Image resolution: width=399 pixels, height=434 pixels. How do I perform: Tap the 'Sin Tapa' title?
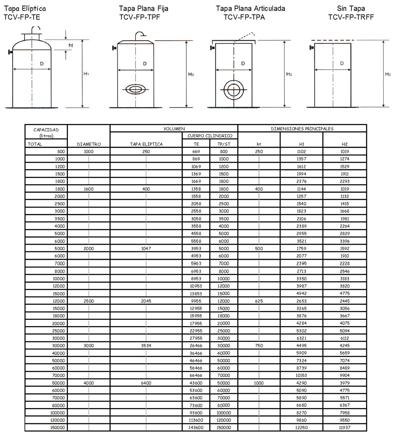(351, 8)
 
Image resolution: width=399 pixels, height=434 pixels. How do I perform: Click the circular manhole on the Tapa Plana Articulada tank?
(232, 90)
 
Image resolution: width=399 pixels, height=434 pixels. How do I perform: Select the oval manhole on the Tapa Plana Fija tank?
(135, 89)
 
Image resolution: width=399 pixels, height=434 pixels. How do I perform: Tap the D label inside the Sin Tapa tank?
(342, 64)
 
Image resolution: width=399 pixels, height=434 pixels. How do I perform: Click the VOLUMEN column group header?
(174, 128)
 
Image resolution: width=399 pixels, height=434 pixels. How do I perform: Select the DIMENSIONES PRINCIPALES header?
(302, 128)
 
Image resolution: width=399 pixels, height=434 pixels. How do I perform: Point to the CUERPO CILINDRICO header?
(210, 136)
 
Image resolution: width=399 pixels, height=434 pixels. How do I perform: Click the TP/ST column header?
(224, 144)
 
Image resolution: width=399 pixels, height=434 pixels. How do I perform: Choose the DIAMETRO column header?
(89, 144)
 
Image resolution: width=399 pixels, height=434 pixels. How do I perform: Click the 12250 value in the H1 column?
(301, 427)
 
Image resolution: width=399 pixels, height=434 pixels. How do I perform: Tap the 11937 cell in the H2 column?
(344, 427)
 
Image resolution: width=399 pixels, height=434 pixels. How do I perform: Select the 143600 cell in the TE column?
(196, 427)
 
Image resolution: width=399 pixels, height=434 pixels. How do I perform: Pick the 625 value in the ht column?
(259, 301)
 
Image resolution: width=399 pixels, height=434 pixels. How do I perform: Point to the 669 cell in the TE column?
(196, 151)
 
